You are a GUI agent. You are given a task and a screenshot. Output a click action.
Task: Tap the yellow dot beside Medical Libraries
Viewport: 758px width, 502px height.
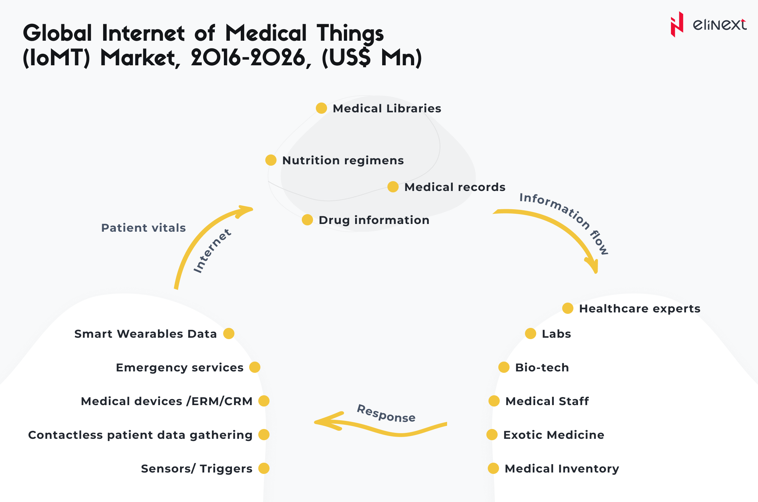(321, 108)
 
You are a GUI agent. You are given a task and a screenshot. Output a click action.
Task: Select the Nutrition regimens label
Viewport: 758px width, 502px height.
(343, 160)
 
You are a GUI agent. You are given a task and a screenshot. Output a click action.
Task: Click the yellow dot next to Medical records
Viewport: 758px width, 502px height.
(393, 187)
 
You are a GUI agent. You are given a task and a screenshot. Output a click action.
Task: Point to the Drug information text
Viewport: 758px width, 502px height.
(374, 220)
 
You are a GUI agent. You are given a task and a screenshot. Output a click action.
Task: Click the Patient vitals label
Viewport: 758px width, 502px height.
(143, 228)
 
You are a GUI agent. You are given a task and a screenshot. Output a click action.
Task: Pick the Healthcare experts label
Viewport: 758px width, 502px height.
(639, 309)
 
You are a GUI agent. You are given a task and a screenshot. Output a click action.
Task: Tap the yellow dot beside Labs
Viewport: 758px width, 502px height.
(530, 333)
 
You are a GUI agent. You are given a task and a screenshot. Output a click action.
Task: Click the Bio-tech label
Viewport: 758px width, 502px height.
(542, 368)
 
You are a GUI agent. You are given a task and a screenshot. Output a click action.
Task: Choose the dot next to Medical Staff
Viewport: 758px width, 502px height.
(494, 401)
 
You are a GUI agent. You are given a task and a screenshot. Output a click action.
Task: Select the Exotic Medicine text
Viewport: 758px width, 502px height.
(553, 435)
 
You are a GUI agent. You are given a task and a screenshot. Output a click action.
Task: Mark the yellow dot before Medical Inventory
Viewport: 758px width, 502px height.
(493, 468)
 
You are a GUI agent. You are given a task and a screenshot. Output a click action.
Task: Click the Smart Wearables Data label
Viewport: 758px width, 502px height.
(145, 334)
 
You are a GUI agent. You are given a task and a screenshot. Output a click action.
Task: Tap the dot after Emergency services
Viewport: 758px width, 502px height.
(254, 367)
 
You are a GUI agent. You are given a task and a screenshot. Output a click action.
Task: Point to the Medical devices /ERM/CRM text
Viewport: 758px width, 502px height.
(166, 401)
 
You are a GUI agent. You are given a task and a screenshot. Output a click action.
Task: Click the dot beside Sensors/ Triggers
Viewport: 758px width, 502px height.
(264, 468)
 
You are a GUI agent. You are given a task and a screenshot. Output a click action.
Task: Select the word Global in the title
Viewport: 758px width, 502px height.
(58, 33)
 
